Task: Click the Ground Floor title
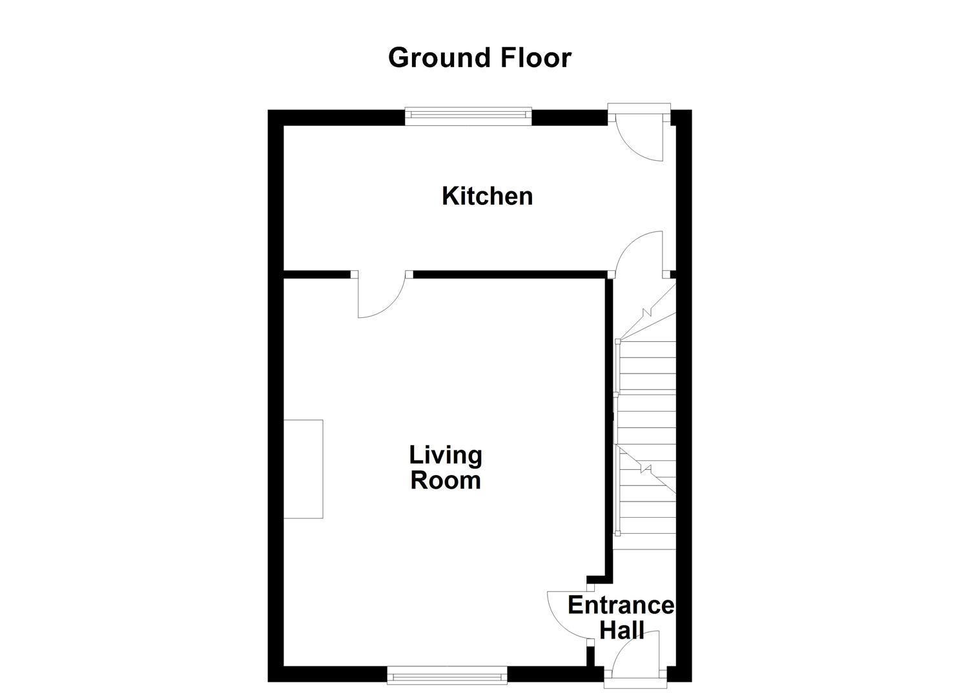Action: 479,58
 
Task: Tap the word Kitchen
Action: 487,196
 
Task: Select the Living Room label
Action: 446,467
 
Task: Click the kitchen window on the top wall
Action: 468,116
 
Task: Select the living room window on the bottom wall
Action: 447,675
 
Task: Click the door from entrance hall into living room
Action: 568,614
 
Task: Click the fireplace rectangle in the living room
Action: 303,469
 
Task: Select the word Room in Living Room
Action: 446,480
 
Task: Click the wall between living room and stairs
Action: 608,427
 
